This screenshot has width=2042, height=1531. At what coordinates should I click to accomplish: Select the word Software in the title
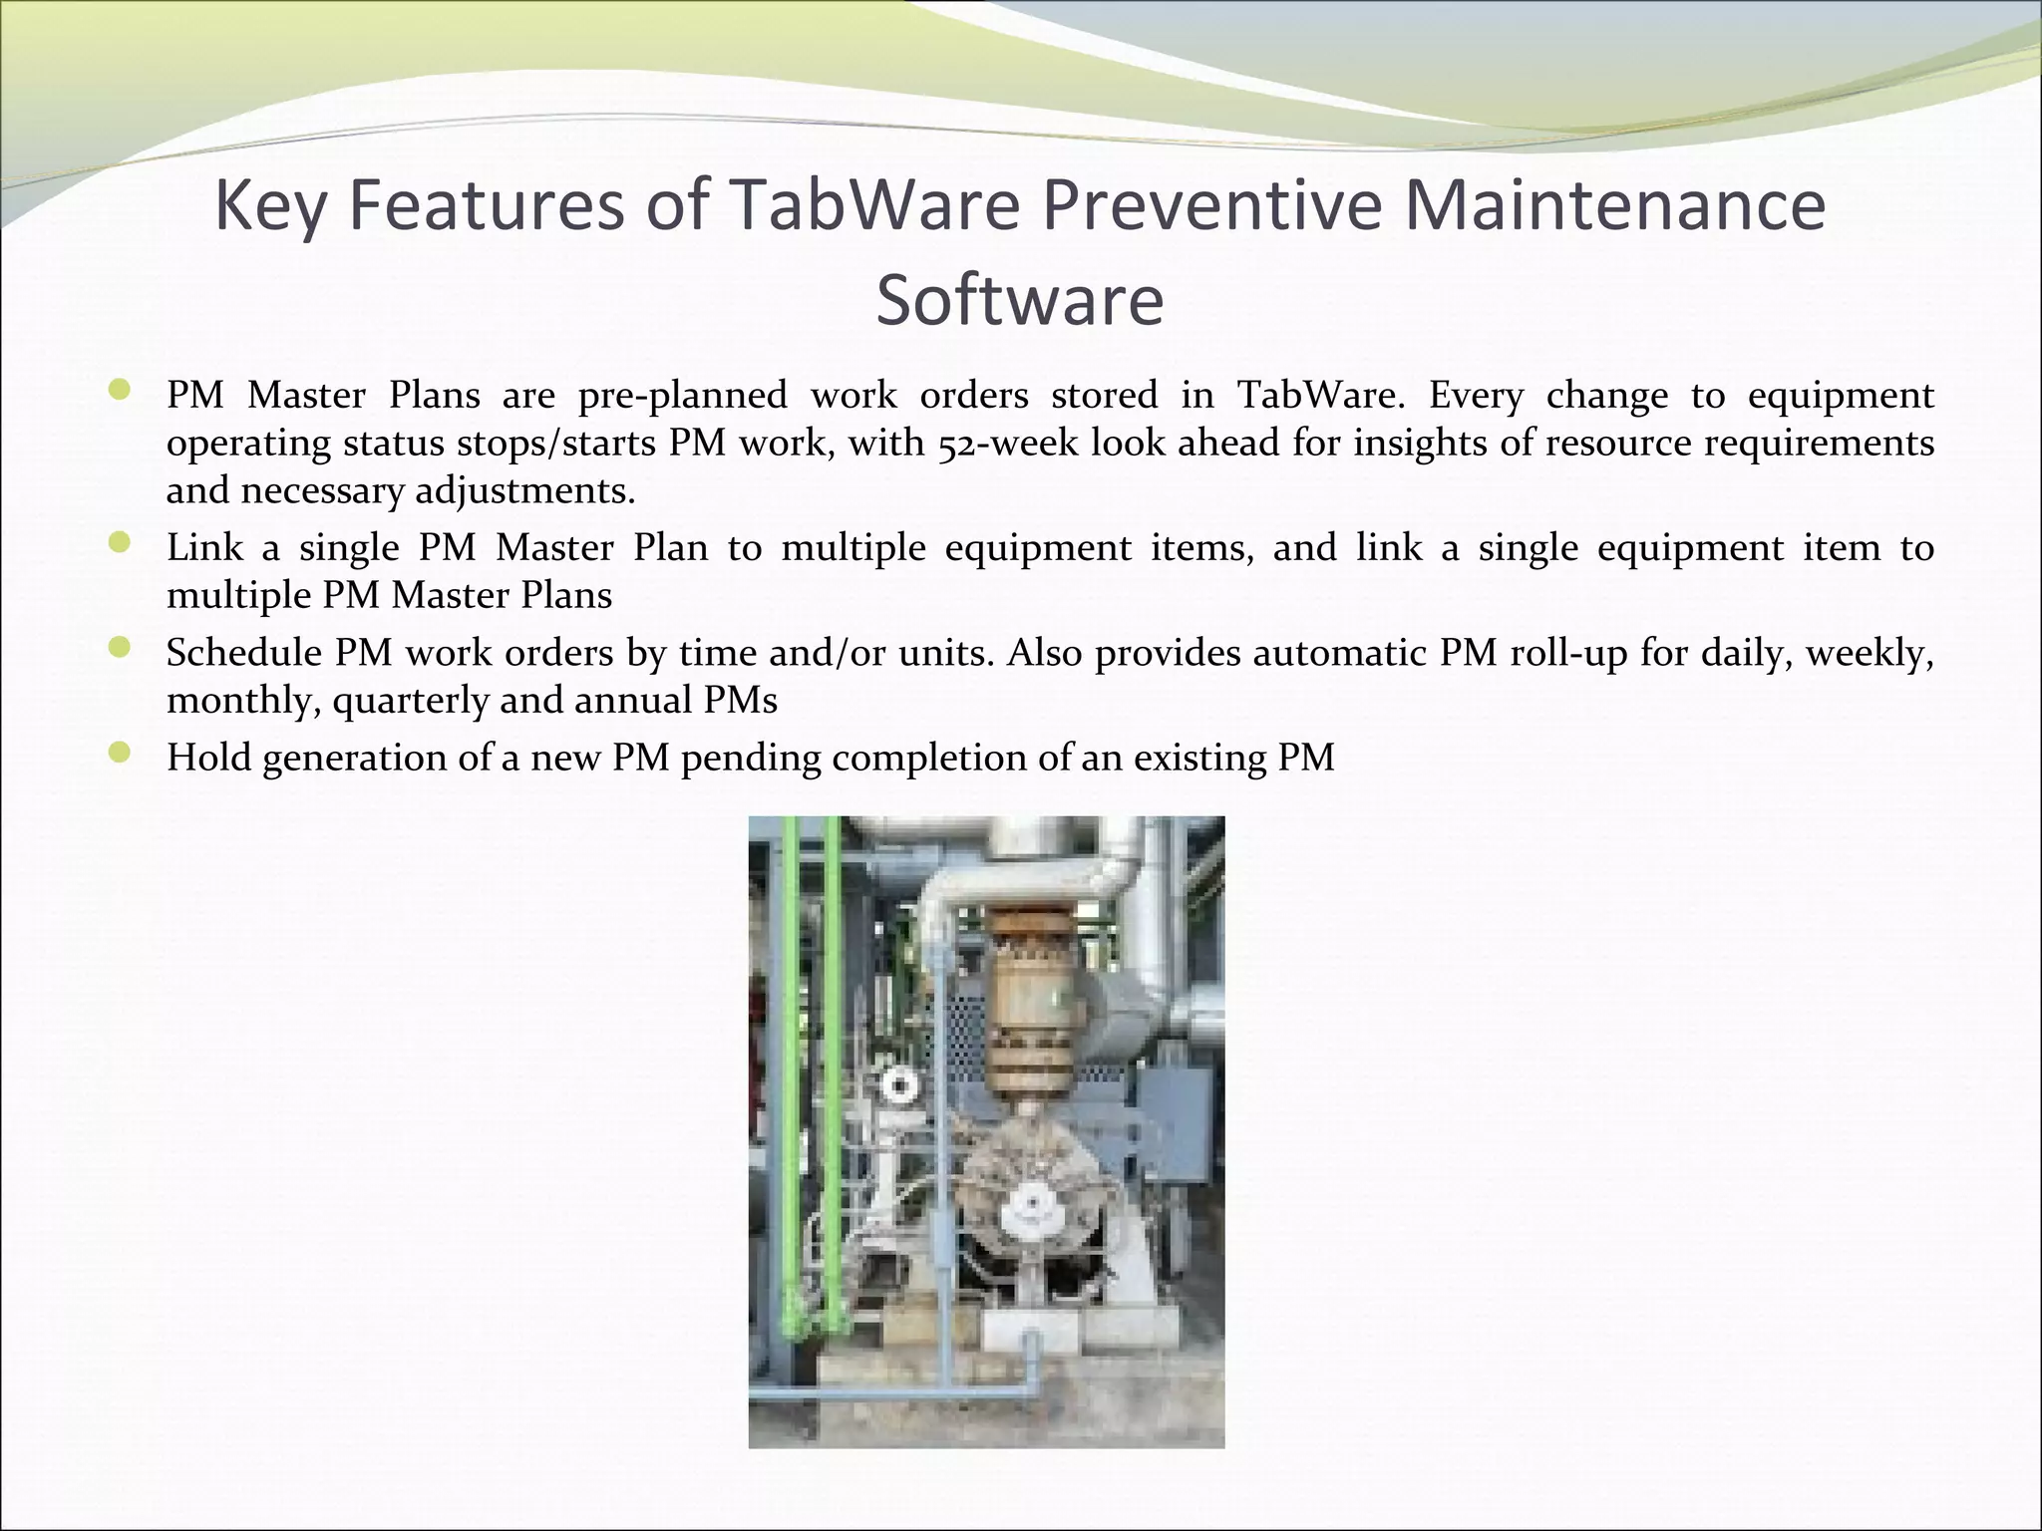click(1020, 301)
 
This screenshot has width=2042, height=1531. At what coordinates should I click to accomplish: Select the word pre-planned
click(682, 396)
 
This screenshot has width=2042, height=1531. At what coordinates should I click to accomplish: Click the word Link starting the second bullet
click(204, 547)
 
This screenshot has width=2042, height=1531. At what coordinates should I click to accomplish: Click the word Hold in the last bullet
click(202, 758)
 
